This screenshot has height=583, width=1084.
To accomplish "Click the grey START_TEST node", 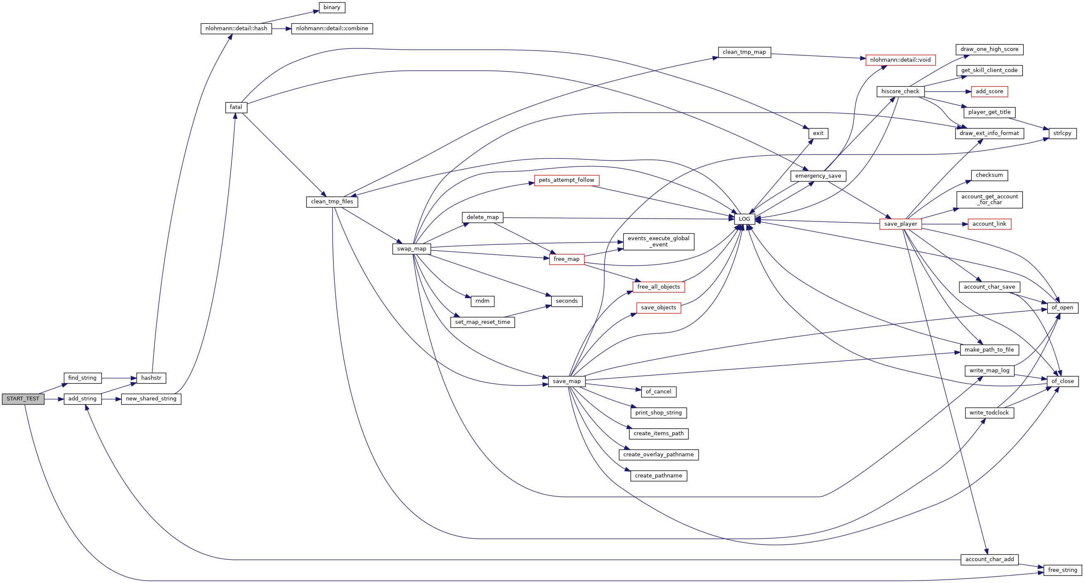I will click(x=23, y=399).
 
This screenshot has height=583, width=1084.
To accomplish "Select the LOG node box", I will click(x=744, y=219).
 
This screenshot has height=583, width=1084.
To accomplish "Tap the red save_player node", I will click(x=901, y=224).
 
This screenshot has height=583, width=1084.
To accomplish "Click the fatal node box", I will click(x=236, y=107).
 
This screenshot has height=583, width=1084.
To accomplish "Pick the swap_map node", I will click(x=412, y=248).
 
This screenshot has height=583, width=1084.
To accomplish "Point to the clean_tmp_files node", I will click(x=332, y=202).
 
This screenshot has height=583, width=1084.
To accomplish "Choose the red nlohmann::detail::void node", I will click(x=901, y=60).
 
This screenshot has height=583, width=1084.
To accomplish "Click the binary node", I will click(x=332, y=7).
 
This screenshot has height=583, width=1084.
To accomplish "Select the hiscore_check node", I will click(x=901, y=91).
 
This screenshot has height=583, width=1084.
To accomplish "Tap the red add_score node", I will click(x=989, y=91).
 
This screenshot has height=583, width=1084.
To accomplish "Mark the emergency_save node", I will click(x=818, y=176).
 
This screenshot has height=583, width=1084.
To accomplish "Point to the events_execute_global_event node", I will click(x=659, y=241).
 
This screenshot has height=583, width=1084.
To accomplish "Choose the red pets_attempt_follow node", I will click(x=566, y=180).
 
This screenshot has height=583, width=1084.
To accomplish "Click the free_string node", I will click(x=1062, y=570).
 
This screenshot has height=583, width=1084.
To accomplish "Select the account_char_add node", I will click(x=990, y=559).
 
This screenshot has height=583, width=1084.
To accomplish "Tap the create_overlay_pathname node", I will click(x=659, y=455).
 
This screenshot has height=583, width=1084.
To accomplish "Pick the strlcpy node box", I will click(x=1062, y=133).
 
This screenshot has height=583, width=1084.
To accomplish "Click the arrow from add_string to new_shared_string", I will click(x=111, y=399).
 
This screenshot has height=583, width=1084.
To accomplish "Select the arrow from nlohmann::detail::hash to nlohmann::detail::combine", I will click(x=282, y=29).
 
